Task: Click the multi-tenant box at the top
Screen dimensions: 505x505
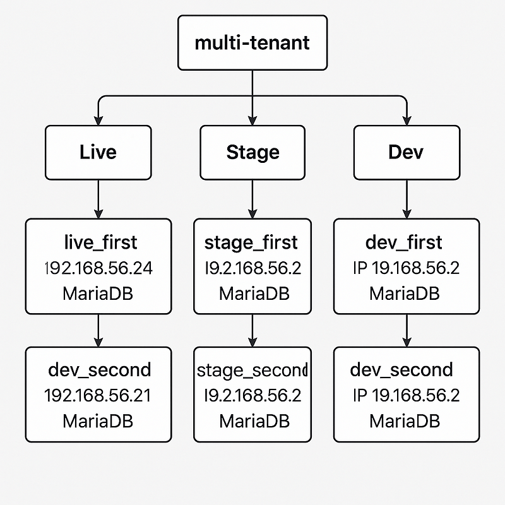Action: point(252,43)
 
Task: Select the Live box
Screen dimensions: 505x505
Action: point(98,152)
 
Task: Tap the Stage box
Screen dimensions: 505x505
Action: point(252,152)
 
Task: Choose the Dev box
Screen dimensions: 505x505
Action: point(406,152)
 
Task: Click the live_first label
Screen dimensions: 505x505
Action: point(100,242)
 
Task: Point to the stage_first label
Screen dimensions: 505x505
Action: point(251,242)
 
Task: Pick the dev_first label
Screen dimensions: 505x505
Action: point(404,242)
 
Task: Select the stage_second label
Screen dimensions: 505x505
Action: point(251,370)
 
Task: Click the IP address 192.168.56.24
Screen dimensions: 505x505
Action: point(98,268)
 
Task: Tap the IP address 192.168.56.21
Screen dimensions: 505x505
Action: point(98,396)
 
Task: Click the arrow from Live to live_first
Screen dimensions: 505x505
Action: point(98,199)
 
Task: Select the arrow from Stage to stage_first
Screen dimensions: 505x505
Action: point(252,199)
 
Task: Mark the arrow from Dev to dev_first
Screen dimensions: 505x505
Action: point(406,199)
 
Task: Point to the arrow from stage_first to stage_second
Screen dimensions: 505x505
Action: point(252,330)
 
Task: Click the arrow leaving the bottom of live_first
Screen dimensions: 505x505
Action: point(98,330)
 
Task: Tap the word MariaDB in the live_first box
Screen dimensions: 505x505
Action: point(98,294)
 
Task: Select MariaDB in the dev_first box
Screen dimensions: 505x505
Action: point(404,294)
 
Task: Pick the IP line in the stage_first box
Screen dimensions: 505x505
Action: point(252,268)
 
